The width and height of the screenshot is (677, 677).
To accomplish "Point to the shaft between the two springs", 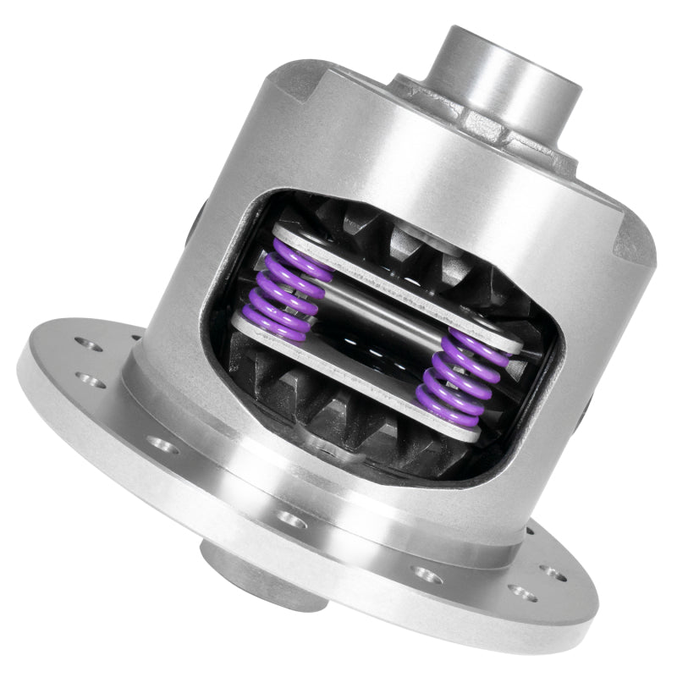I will (x=372, y=317).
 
